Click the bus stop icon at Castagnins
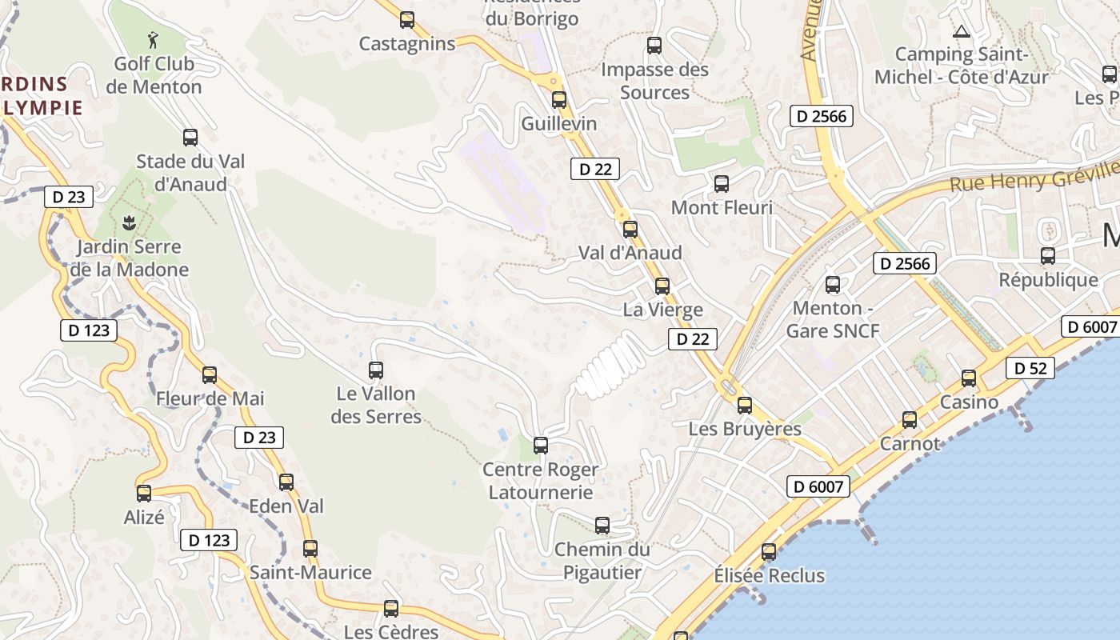click(407, 20)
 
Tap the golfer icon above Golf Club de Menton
click(153, 38)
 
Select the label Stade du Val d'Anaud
click(190, 173)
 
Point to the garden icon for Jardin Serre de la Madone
click(127, 221)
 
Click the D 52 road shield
click(1030, 368)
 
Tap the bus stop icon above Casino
click(969, 378)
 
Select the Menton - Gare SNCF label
click(833, 319)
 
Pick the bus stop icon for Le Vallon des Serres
click(375, 370)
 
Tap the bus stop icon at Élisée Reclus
click(769, 551)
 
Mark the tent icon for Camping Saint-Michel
click(961, 32)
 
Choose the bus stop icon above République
click(1048, 256)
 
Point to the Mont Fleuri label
click(722, 208)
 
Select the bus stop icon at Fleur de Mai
click(210, 374)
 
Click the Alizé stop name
click(144, 518)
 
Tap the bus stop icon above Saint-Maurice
click(310, 549)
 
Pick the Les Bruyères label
click(745, 429)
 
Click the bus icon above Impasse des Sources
click(654, 46)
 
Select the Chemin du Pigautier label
click(602, 561)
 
